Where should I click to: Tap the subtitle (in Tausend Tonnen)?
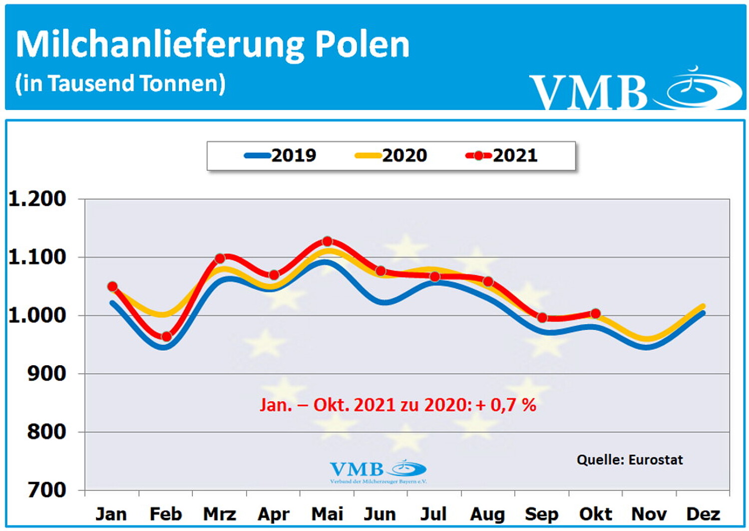point(120,83)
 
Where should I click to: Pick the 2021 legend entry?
point(502,155)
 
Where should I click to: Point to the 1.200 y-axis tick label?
point(37,199)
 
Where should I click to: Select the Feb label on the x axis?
point(165,514)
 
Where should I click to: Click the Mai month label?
point(327,514)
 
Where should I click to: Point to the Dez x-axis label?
point(703,514)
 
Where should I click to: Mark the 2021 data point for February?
point(166,337)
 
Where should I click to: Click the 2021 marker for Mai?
point(327,241)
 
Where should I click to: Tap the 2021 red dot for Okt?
point(595,314)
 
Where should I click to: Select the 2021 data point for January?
point(112,286)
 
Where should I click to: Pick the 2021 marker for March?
point(220,258)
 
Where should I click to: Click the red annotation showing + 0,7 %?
point(397,405)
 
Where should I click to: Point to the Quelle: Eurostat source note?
point(629,460)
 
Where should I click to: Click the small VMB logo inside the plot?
point(378,471)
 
